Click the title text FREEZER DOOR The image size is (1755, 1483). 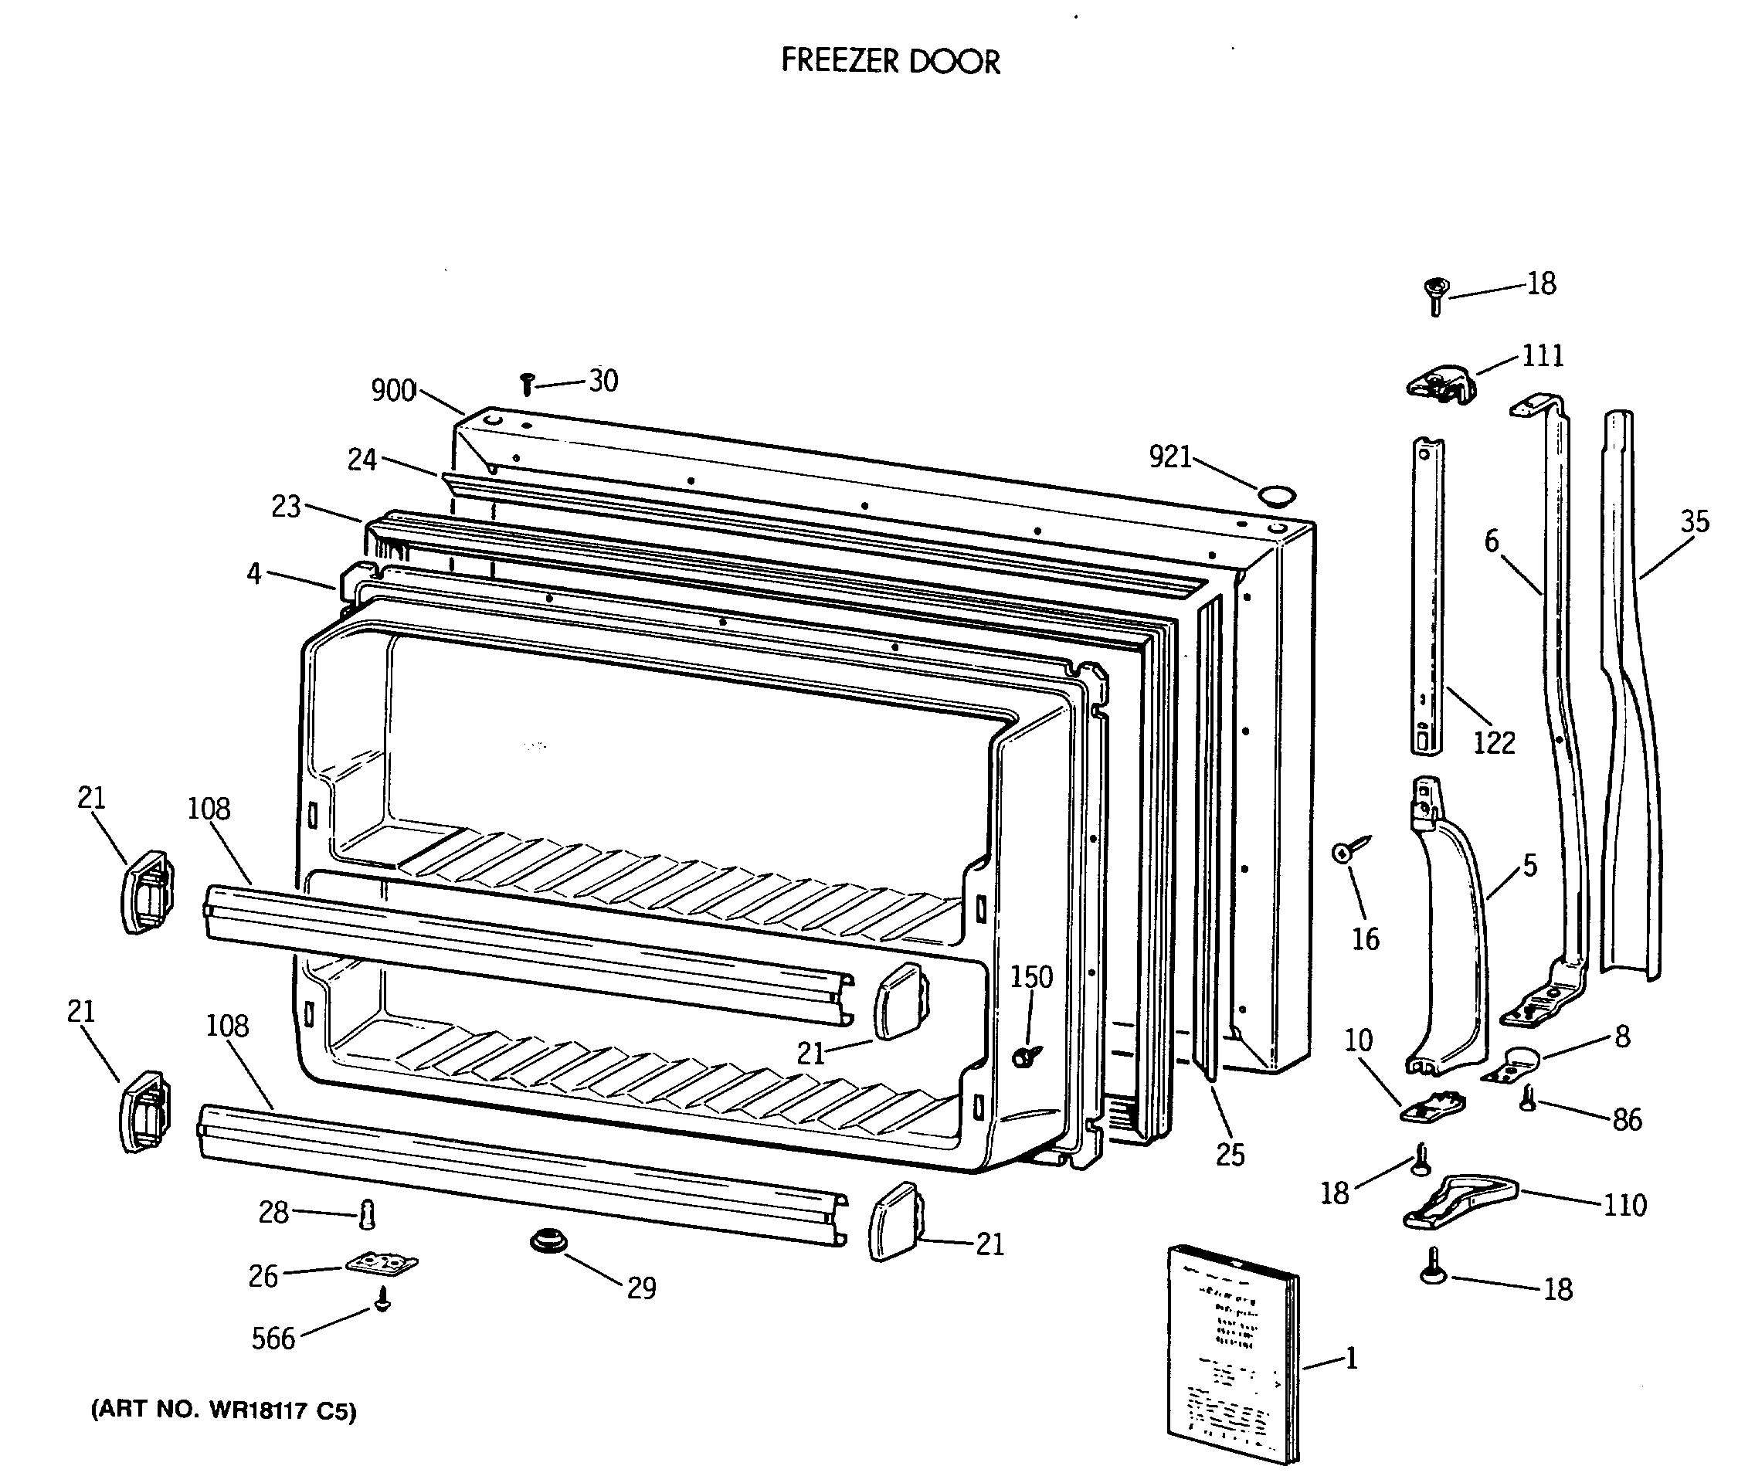pyautogui.click(x=890, y=61)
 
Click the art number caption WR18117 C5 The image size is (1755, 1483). pyautogui.click(x=224, y=1410)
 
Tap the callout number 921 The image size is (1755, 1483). pyautogui.click(x=1169, y=457)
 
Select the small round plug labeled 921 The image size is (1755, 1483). pyautogui.click(x=1275, y=496)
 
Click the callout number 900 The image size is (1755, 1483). pyautogui.click(x=392, y=390)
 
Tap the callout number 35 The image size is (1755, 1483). pyautogui.click(x=1695, y=522)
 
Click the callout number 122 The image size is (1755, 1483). pyautogui.click(x=1493, y=743)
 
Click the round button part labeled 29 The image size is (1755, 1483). pyautogui.click(x=548, y=1241)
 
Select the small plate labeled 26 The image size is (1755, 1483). pyautogui.click(x=382, y=1264)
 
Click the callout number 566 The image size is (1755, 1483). pyautogui.click(x=273, y=1339)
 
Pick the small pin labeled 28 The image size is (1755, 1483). pyautogui.click(x=368, y=1214)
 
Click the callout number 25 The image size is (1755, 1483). pyautogui.click(x=1230, y=1156)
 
